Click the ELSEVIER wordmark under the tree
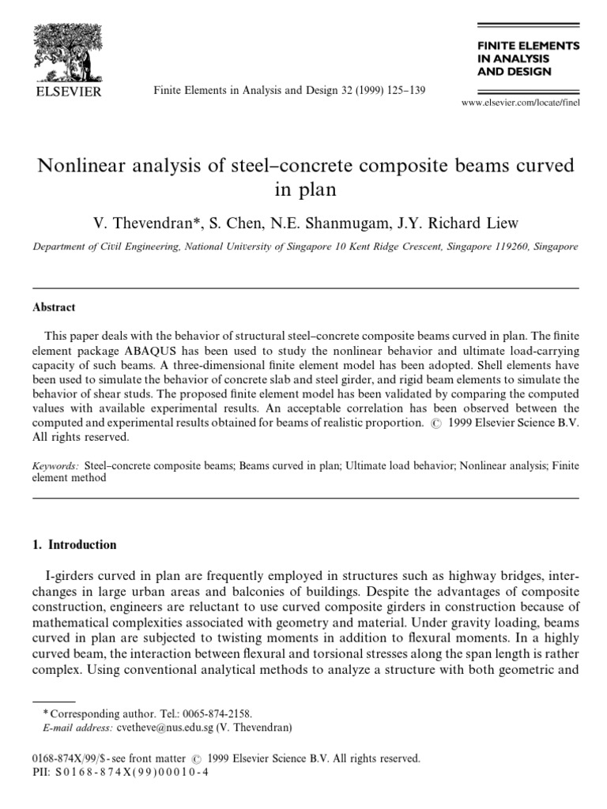coord(66,92)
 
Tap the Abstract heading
coord(54,308)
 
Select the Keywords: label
coord(55,466)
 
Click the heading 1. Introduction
coord(74,544)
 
